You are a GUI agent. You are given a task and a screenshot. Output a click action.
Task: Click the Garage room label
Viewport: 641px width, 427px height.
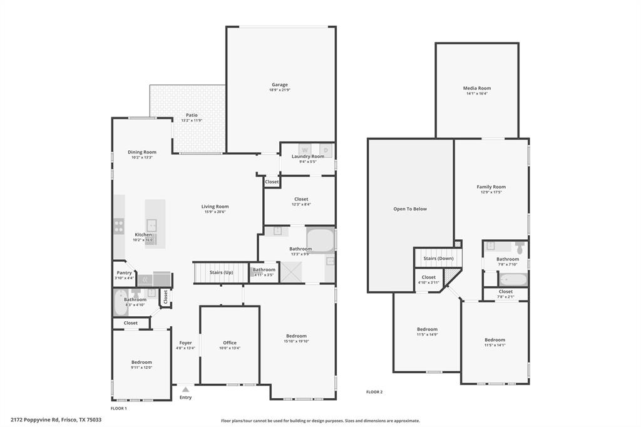pos(279,85)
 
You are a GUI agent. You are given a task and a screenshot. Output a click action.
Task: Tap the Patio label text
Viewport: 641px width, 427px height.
pos(191,115)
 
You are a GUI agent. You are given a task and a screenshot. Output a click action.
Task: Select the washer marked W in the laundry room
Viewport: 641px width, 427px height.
pos(305,150)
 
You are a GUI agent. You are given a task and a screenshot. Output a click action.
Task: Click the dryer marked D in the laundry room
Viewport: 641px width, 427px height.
pos(326,150)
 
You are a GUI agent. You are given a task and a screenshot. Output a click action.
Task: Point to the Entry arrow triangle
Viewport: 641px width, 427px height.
pos(185,389)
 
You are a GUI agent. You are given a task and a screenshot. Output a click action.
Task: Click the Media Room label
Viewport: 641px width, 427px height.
pos(476,88)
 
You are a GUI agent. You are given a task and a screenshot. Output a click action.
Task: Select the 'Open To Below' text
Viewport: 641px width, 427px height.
pos(410,208)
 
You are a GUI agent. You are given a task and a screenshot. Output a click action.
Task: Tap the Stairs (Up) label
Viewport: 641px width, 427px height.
pos(220,272)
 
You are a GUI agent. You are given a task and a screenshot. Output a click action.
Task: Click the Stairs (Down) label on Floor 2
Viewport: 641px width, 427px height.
pos(438,258)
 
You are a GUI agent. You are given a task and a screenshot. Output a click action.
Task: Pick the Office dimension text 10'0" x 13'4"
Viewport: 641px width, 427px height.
pos(230,348)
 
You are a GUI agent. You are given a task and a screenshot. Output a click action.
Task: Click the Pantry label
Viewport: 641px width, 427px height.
pos(124,272)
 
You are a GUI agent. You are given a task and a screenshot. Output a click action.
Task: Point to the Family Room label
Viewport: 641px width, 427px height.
pos(491,187)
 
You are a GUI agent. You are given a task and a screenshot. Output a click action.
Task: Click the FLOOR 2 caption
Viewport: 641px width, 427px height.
pos(374,392)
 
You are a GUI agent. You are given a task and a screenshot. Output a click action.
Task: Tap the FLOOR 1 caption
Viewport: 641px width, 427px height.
pos(119,408)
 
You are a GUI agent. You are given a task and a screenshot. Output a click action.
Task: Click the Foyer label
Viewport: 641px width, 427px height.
pos(185,342)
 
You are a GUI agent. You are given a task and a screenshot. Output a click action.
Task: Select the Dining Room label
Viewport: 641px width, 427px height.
pos(142,152)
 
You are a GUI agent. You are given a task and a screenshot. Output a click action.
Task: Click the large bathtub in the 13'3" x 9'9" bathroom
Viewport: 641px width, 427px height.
pos(319,241)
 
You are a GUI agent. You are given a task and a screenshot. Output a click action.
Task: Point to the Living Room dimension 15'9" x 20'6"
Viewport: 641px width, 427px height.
pos(215,212)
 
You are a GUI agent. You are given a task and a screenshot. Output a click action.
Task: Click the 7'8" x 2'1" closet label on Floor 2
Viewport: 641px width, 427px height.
pos(506,296)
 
